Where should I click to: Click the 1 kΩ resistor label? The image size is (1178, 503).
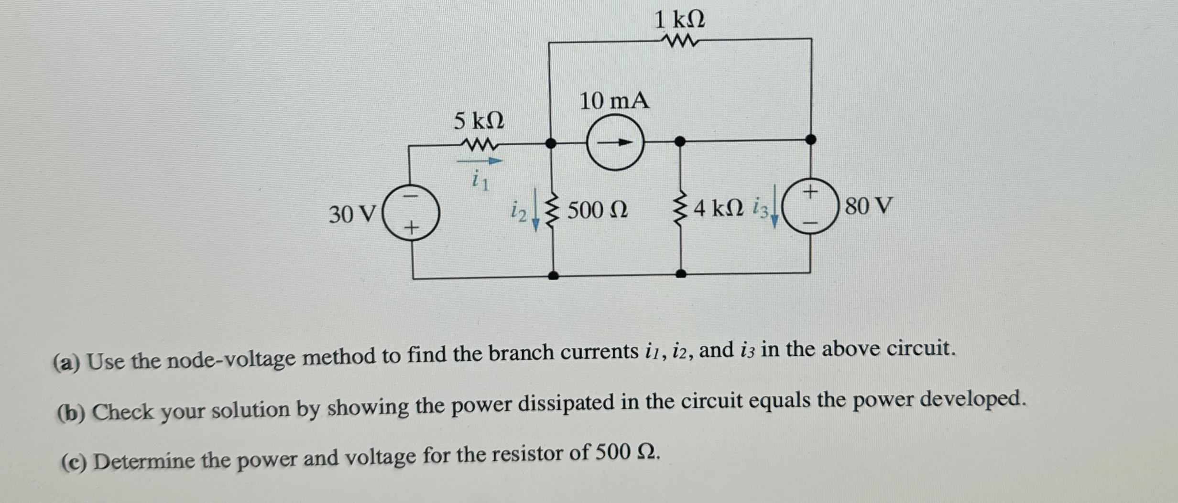[x=679, y=21]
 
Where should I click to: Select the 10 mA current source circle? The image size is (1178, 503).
[x=615, y=142]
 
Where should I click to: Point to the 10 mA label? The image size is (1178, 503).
[x=614, y=101]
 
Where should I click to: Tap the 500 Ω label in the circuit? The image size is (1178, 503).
[x=598, y=210]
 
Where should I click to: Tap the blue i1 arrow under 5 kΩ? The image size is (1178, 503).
[x=480, y=161]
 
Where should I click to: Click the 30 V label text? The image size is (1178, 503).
[x=352, y=214]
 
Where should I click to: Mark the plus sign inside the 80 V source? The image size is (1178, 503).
[x=810, y=192]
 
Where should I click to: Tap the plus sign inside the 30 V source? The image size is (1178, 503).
[x=411, y=228]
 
